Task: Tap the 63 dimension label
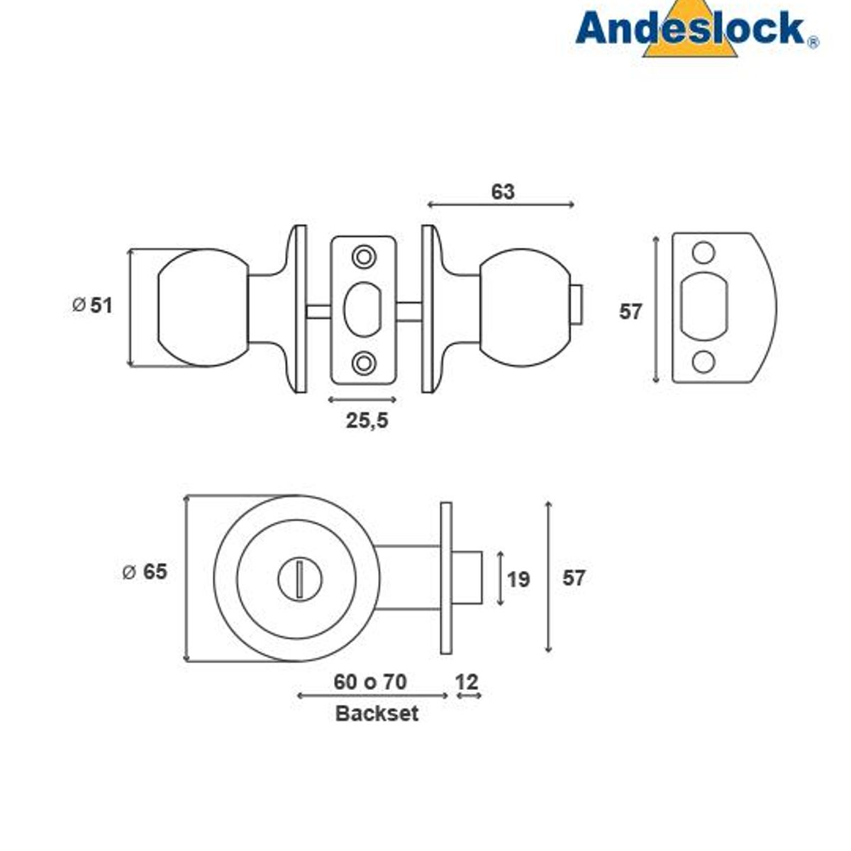coord(502,192)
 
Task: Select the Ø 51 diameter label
coord(93,305)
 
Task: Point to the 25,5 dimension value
coord(367,421)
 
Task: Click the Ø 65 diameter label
coord(145,572)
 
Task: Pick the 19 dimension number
coord(518,579)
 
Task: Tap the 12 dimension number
coord(467,682)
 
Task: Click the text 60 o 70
coord(370,682)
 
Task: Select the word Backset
coord(377,713)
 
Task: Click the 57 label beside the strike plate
coord(630,311)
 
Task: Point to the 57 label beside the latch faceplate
coord(574,578)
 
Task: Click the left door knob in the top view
coord(202,308)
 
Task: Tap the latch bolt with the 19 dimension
coord(468,578)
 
